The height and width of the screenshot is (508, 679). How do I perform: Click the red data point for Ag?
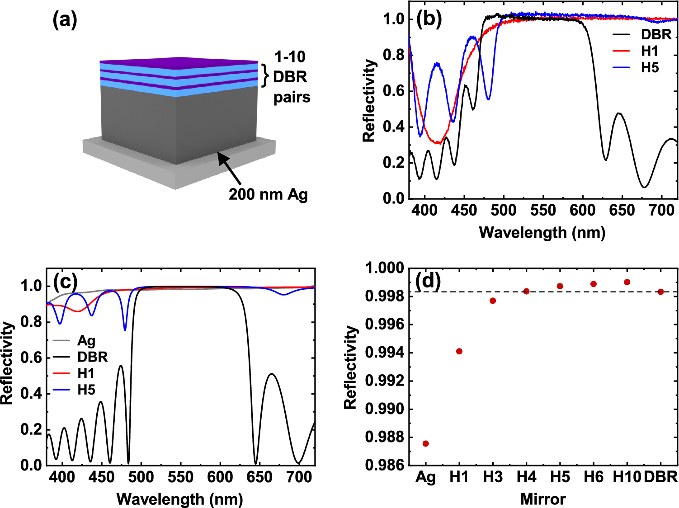pyautogui.click(x=425, y=443)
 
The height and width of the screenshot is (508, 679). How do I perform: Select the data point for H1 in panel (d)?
pyautogui.click(x=459, y=351)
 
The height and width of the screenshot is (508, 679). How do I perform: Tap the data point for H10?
pyautogui.click(x=627, y=282)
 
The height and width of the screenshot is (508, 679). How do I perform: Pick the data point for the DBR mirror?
pyautogui.click(x=660, y=292)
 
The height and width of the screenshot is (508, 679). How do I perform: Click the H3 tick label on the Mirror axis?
pyautogui.click(x=493, y=477)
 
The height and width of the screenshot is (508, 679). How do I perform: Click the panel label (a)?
pyautogui.click(x=65, y=20)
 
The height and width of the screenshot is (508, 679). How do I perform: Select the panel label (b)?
pyautogui.click(x=429, y=19)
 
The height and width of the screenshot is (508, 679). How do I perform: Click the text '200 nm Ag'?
pyautogui.click(x=268, y=194)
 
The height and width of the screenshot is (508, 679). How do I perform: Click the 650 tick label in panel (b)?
pyautogui.click(x=622, y=210)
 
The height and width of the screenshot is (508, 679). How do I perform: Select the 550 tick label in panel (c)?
pyautogui.click(x=181, y=477)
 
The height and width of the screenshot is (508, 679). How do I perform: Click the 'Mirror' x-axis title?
pyautogui.click(x=543, y=499)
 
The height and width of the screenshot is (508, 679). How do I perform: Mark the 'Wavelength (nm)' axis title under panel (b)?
pyautogui.click(x=542, y=232)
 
